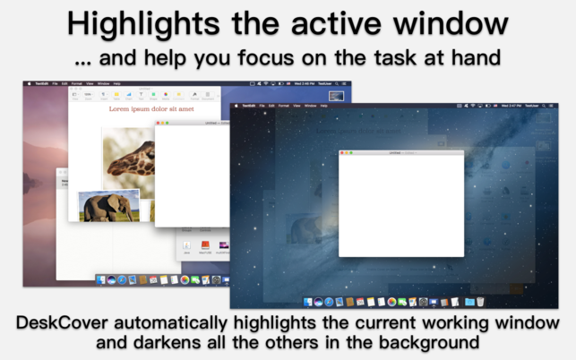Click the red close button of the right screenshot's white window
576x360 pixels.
point(342,153)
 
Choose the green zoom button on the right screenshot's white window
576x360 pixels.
point(351,153)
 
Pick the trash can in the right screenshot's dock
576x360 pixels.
point(481,302)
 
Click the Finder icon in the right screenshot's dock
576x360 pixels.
point(309,302)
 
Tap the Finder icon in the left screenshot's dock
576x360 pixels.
point(102,280)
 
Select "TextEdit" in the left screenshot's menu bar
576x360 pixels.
point(39,83)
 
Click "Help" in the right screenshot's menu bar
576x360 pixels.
point(324,106)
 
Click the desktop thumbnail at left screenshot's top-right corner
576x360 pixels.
point(336,96)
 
